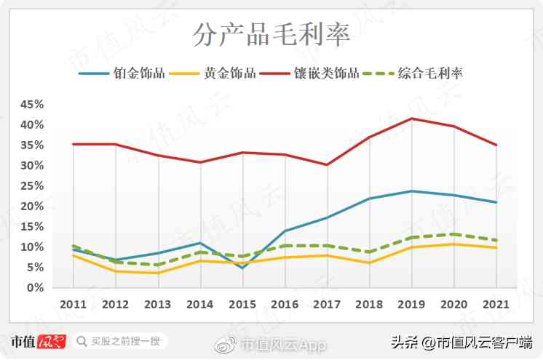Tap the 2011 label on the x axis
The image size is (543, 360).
73,303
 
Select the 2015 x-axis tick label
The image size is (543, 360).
242,303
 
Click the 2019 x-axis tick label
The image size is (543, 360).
412,303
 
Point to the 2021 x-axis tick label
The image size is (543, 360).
496,303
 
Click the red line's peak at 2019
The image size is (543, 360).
412,119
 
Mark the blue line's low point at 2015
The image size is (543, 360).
242,268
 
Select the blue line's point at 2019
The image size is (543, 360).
412,191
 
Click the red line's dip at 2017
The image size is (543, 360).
327,165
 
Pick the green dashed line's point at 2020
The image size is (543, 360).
454,234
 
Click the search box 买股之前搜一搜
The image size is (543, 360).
121,341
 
